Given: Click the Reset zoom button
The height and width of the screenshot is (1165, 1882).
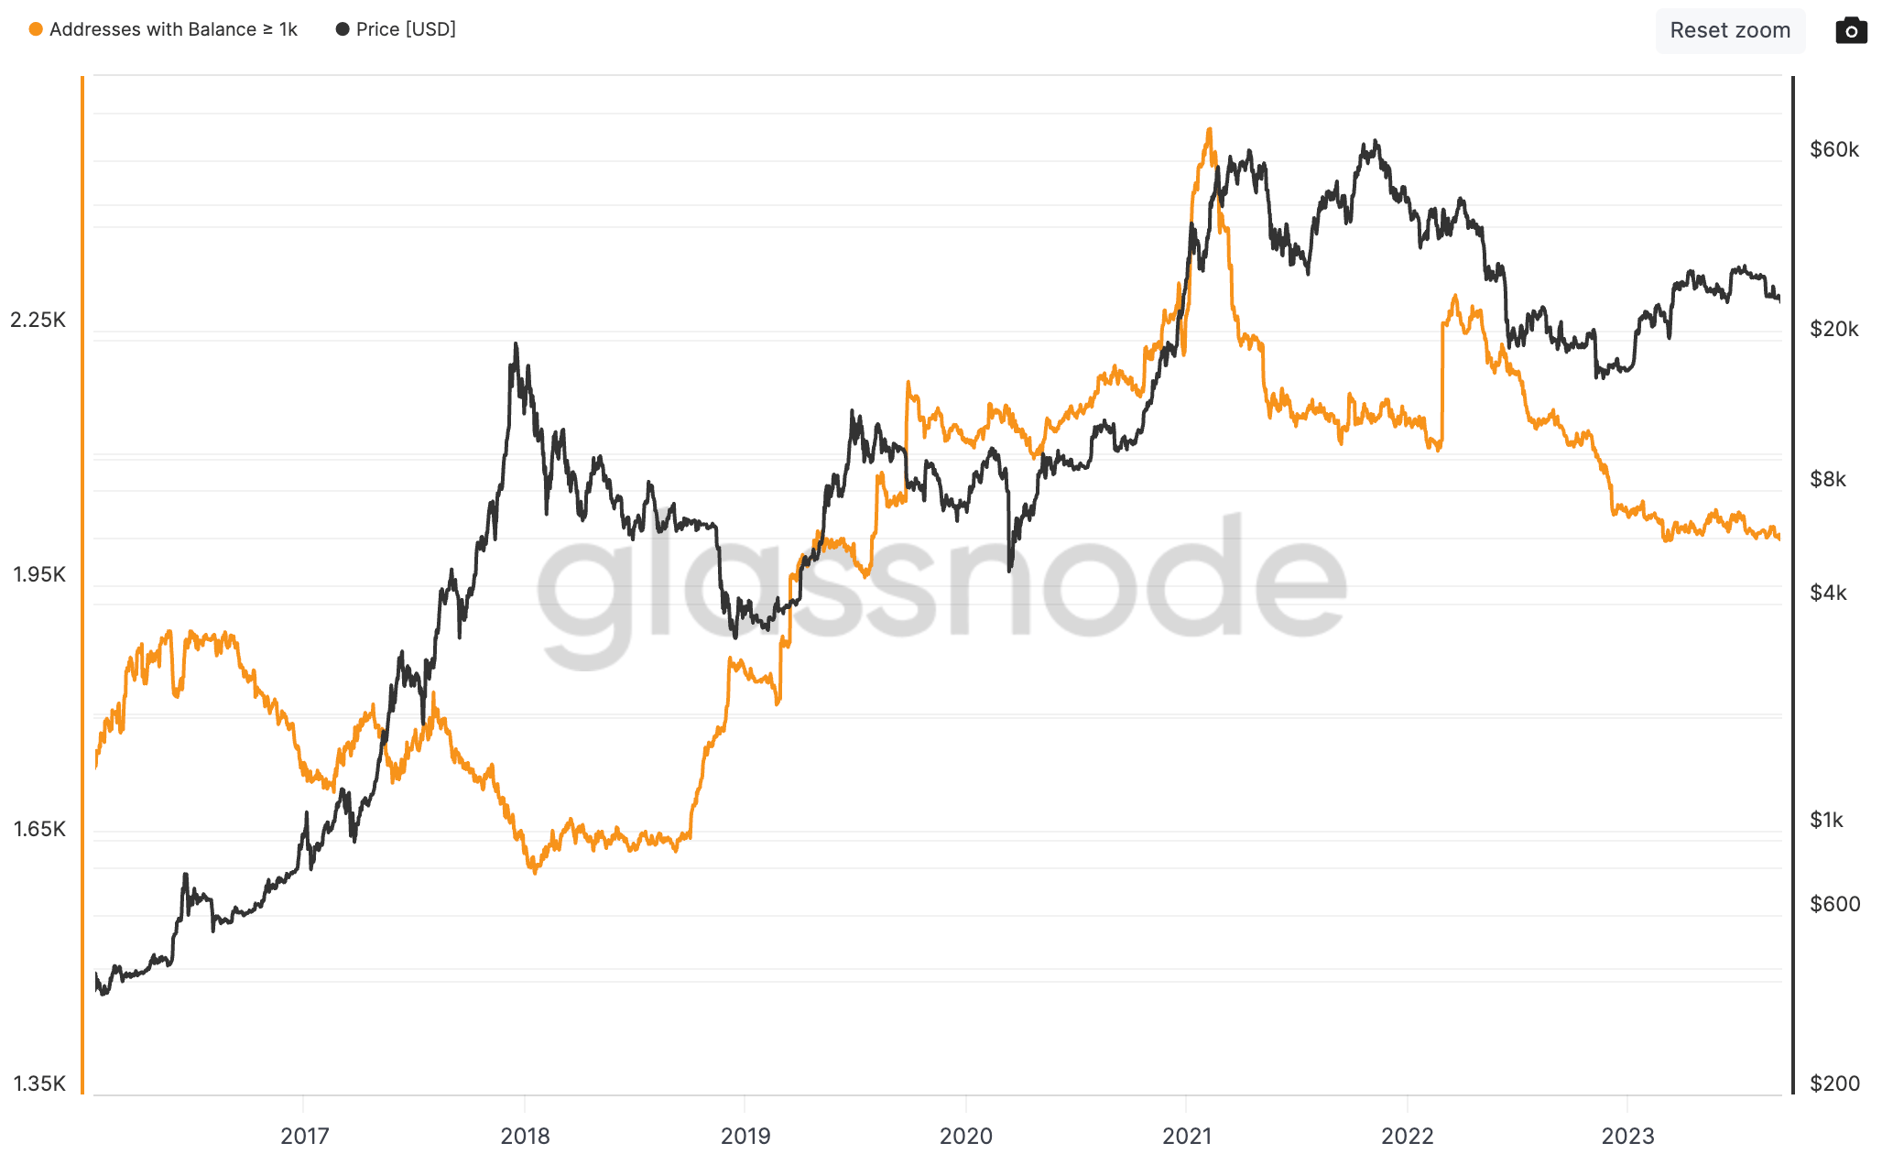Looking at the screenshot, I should pyautogui.click(x=1729, y=30).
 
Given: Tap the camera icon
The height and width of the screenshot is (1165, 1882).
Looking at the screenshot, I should pyautogui.click(x=1851, y=31).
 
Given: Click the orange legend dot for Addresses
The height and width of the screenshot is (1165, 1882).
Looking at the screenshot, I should pyautogui.click(x=36, y=29).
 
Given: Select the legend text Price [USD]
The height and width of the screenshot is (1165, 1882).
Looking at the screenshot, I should pyautogui.click(x=406, y=29).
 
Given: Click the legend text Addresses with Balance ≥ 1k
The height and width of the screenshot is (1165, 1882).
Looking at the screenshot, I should pyautogui.click(x=173, y=29).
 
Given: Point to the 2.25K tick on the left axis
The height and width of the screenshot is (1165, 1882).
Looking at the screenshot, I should pyautogui.click(x=38, y=320).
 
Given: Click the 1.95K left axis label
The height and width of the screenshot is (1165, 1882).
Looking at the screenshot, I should pyautogui.click(x=39, y=574).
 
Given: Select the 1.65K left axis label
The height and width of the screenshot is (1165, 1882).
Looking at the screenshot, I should pyautogui.click(x=39, y=829).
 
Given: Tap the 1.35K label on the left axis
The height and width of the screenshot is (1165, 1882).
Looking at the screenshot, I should pyautogui.click(x=39, y=1083).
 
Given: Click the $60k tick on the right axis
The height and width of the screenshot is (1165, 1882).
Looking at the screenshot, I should pyautogui.click(x=1834, y=149).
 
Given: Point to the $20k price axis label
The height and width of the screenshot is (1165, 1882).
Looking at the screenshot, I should pyautogui.click(x=1834, y=329).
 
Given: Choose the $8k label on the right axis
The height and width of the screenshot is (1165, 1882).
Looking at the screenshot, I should pyautogui.click(x=1828, y=479).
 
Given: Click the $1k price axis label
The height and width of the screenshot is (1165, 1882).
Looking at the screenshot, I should pyautogui.click(x=1827, y=820).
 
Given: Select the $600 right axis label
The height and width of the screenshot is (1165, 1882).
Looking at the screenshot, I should pyautogui.click(x=1834, y=904).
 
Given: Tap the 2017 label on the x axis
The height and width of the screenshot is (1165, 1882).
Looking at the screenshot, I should pyautogui.click(x=304, y=1136).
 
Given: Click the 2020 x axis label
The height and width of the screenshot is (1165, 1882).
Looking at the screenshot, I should pyautogui.click(x=966, y=1136).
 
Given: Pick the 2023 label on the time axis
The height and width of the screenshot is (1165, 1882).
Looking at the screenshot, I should pyautogui.click(x=1627, y=1136).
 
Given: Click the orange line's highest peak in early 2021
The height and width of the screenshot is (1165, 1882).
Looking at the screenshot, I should pyautogui.click(x=1209, y=130).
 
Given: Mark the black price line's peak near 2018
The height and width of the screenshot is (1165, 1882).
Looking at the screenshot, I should pyautogui.click(x=516, y=344).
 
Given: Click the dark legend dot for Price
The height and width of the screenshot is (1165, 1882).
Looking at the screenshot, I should pyautogui.click(x=343, y=29).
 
